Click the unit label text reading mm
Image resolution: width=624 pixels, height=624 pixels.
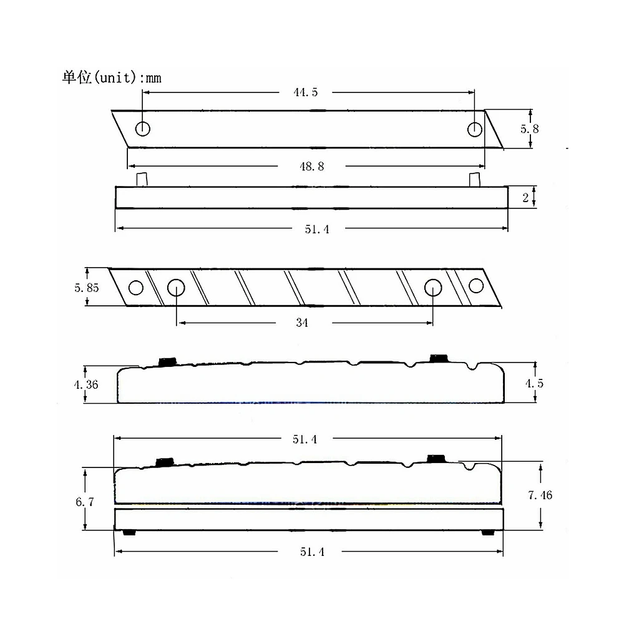[154, 79]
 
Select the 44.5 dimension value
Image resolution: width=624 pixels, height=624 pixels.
[306, 92]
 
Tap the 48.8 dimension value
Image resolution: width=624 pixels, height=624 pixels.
[312, 167]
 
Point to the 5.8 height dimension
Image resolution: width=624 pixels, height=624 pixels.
[530, 129]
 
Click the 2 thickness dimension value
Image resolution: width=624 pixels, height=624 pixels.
[525, 197]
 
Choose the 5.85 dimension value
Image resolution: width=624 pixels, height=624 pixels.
[86, 287]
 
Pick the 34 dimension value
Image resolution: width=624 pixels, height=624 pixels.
[302, 323]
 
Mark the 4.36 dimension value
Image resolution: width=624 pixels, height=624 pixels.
[86, 384]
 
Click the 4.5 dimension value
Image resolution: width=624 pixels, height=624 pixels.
[534, 383]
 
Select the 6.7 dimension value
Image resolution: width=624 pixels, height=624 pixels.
[85, 502]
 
